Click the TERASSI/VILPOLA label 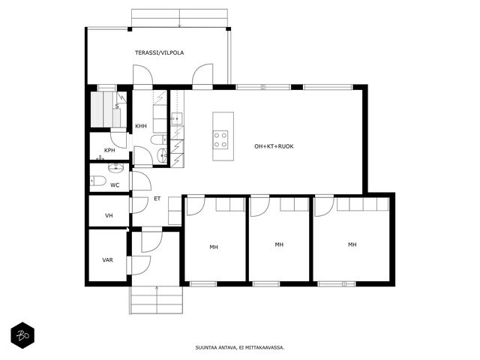click(x=160, y=52)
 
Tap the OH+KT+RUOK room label click(x=274, y=146)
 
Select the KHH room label click(x=141, y=126)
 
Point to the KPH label click(x=109, y=150)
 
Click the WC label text click(x=115, y=185)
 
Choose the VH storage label click(x=109, y=215)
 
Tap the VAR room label click(x=107, y=260)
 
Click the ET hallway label click(x=157, y=199)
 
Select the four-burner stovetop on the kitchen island click(x=220, y=139)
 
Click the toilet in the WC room click(x=98, y=181)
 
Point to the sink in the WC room click(x=115, y=167)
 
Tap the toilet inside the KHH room click(x=159, y=139)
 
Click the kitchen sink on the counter click(x=177, y=118)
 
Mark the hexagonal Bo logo click(x=22, y=335)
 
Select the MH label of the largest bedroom click(x=352, y=244)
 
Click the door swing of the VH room click(x=140, y=205)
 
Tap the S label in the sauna click(x=117, y=106)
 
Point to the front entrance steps click(x=157, y=300)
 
